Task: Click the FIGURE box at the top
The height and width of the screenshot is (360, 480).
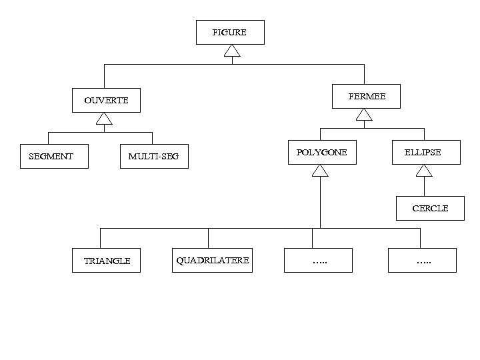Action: coord(230,32)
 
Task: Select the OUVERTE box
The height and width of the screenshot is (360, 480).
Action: coord(107,101)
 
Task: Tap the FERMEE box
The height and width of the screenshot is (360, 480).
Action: coord(366,97)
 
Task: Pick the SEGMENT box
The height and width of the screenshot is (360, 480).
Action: coord(54,157)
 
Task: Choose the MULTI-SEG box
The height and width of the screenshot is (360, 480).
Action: coord(154,157)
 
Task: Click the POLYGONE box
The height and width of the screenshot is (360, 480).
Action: coord(322,153)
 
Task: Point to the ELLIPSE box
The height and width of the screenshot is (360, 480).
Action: coord(426,153)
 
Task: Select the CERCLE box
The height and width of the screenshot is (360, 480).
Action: coord(430,208)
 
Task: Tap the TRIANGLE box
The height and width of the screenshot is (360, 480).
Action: coord(107,261)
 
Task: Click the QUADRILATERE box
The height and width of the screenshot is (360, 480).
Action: coord(213,260)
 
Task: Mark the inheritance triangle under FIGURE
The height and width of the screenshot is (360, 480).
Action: coord(232,51)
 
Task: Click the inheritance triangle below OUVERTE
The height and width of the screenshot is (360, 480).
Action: coord(103,119)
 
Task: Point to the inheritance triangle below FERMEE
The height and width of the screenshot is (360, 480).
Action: coord(364,115)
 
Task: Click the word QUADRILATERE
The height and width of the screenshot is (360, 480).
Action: coord(213,260)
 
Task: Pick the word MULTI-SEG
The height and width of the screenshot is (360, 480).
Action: coord(153,157)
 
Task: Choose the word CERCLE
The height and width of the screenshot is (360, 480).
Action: coord(430,209)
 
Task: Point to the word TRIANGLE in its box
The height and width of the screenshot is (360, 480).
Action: coord(107,261)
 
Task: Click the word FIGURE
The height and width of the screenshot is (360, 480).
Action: coord(229,32)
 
